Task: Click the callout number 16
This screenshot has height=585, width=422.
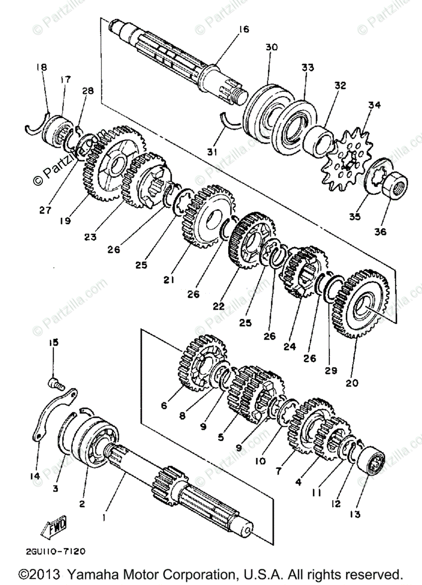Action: pos(243,29)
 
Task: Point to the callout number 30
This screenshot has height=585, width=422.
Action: pos(272,47)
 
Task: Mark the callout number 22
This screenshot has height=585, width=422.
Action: pos(218,306)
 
